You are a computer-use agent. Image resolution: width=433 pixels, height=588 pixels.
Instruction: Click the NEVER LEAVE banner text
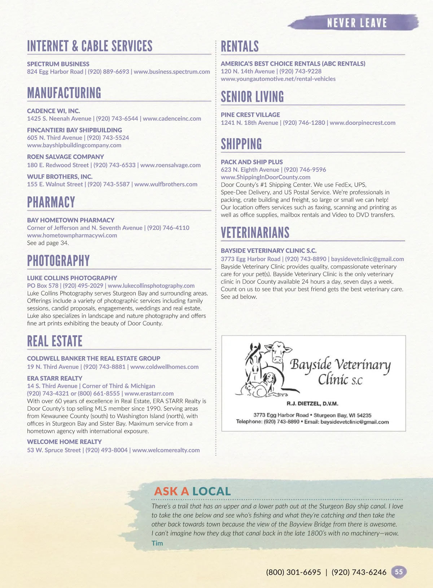[357, 23]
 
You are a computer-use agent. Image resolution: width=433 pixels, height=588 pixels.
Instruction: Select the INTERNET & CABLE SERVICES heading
[90, 46]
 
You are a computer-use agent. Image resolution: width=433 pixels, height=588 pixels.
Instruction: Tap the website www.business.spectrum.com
[172, 72]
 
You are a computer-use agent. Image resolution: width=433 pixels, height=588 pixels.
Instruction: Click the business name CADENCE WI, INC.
[53, 111]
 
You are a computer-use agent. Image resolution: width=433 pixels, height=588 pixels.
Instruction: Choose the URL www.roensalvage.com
[170, 165]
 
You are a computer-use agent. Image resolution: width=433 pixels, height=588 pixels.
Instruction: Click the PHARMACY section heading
[51, 202]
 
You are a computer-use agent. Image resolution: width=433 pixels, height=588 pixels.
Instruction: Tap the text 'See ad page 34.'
[48, 243]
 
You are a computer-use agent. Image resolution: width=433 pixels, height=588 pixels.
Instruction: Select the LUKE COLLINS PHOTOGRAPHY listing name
[72, 278]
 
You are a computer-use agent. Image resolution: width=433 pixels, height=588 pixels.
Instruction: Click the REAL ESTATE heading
[55, 341]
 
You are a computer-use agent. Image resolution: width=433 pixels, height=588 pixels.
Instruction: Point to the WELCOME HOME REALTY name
[64, 442]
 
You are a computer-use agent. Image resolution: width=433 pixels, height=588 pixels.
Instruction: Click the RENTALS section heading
[240, 47]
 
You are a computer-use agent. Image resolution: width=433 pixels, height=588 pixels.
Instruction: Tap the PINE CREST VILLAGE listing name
[250, 115]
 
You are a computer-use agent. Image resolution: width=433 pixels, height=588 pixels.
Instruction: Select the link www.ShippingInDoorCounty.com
[266, 177]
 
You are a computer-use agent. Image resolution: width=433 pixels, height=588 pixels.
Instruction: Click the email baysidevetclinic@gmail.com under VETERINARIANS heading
[367, 259]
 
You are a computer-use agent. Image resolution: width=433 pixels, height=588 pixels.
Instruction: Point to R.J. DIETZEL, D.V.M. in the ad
[312, 403]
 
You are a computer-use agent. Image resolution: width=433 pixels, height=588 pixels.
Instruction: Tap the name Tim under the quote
[157, 543]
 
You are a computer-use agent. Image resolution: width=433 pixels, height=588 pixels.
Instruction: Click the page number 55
[399, 572]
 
